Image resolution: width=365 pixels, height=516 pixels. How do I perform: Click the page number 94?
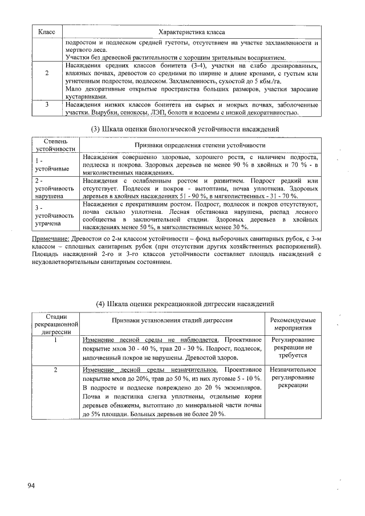(x=31, y=485)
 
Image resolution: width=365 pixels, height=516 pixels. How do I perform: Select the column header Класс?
(x=46, y=33)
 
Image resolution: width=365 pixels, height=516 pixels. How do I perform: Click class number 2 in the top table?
(x=46, y=73)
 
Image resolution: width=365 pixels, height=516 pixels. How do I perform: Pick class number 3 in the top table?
(x=46, y=105)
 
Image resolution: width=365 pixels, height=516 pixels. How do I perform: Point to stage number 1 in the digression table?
(x=56, y=340)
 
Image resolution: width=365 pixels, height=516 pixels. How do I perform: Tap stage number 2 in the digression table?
(x=56, y=370)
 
